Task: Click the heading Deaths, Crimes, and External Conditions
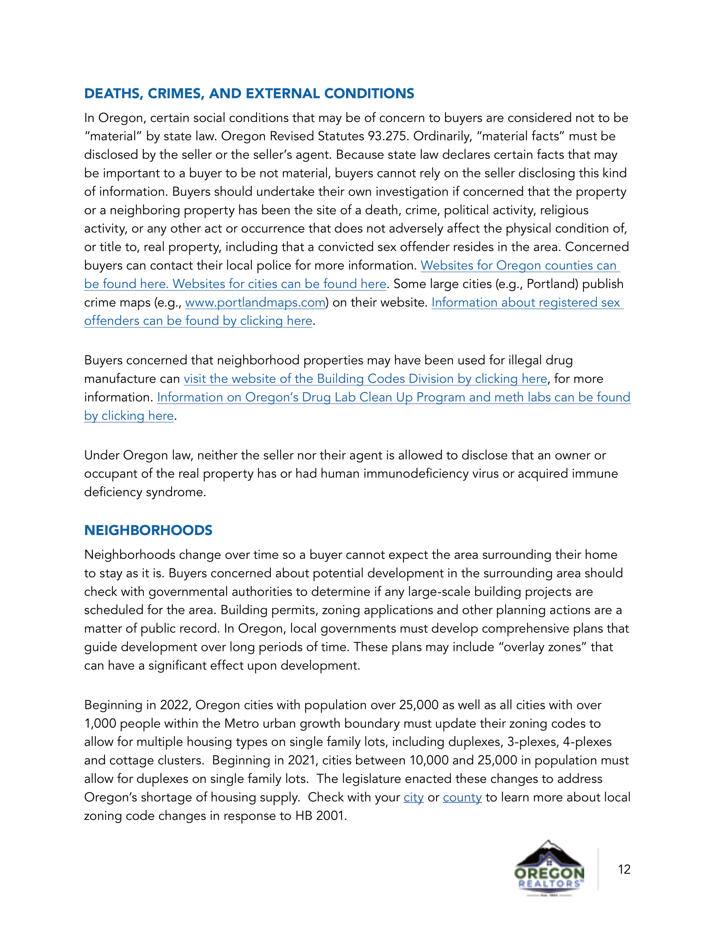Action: pyautogui.click(x=249, y=94)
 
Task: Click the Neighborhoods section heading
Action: pyautogui.click(x=148, y=530)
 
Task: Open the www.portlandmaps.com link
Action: pyautogui.click(x=255, y=302)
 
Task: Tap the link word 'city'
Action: pyautogui.click(x=413, y=798)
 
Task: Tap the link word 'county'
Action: pyautogui.click(x=462, y=798)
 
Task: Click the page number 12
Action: pyautogui.click(x=624, y=869)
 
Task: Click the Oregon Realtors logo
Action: pyautogui.click(x=549, y=868)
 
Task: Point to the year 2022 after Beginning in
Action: pyautogui.click(x=175, y=705)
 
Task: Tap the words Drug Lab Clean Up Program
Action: pyautogui.click(x=383, y=397)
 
